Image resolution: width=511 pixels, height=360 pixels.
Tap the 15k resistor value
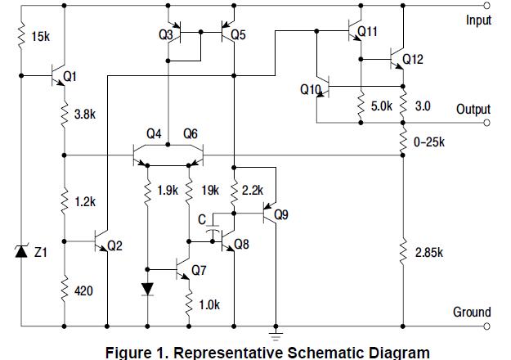click(38, 37)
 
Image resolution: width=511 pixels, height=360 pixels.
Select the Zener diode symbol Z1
click(22, 251)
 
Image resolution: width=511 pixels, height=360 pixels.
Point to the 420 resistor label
click(83, 290)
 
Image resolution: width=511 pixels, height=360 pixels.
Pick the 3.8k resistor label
click(85, 115)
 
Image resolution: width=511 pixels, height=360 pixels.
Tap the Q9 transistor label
click(281, 215)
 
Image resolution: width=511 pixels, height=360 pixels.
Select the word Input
click(478, 20)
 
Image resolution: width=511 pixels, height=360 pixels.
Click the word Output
click(473, 110)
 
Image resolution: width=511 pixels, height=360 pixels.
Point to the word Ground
click(472, 312)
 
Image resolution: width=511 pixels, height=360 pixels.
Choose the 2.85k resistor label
click(429, 252)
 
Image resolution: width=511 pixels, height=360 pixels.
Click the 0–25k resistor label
click(429, 142)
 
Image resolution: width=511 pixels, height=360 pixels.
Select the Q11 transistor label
click(368, 32)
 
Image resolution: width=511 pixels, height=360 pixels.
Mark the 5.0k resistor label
click(382, 106)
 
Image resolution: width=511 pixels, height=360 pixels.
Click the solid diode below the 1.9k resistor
click(147, 289)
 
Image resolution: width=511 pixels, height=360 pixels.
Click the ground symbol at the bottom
click(276, 332)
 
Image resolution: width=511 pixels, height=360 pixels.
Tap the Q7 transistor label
click(199, 269)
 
